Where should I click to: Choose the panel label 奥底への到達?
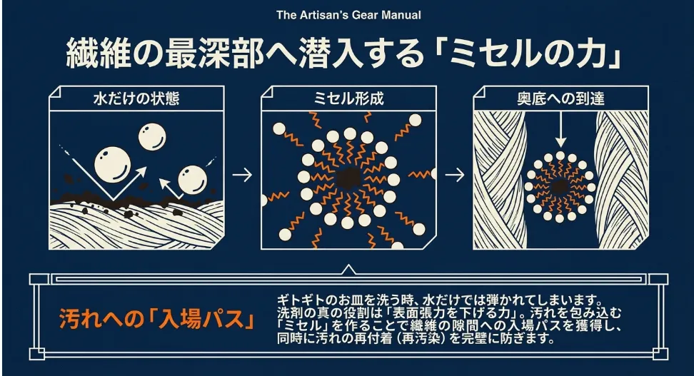560,98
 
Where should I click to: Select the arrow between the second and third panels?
454,174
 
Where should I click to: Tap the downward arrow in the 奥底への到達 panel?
560,131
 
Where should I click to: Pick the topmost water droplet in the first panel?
152,136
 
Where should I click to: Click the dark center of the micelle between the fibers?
560,186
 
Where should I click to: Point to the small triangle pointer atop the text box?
348,270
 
